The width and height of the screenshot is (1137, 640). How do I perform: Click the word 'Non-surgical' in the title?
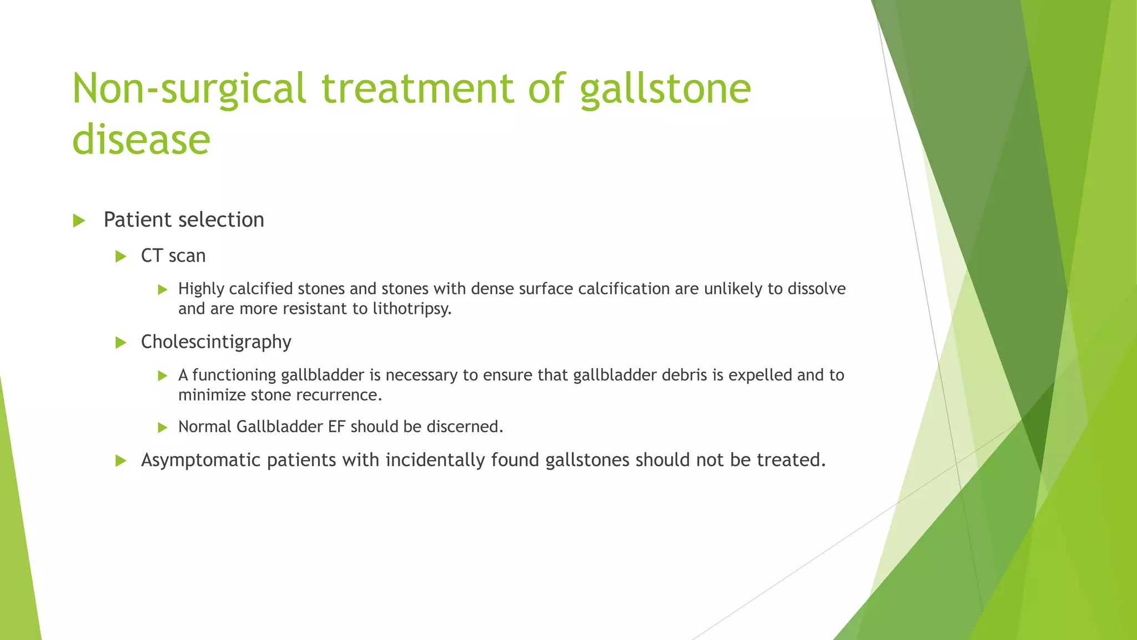click(189, 89)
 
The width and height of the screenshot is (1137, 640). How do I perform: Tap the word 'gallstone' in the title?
click(665, 89)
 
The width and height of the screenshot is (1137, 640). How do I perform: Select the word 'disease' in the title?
click(141, 139)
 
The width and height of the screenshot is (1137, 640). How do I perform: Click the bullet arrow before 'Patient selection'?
click(79, 221)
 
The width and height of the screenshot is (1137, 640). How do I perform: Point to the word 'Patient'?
click(136, 220)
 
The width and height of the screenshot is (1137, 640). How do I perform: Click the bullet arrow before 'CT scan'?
click(121, 256)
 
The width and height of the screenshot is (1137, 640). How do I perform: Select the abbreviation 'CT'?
click(152, 256)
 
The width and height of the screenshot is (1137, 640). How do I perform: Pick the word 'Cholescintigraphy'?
click(216, 342)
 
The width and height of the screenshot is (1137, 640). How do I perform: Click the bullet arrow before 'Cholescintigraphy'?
click(121, 343)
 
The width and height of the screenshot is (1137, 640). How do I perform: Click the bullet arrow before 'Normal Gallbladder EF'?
click(162, 427)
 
